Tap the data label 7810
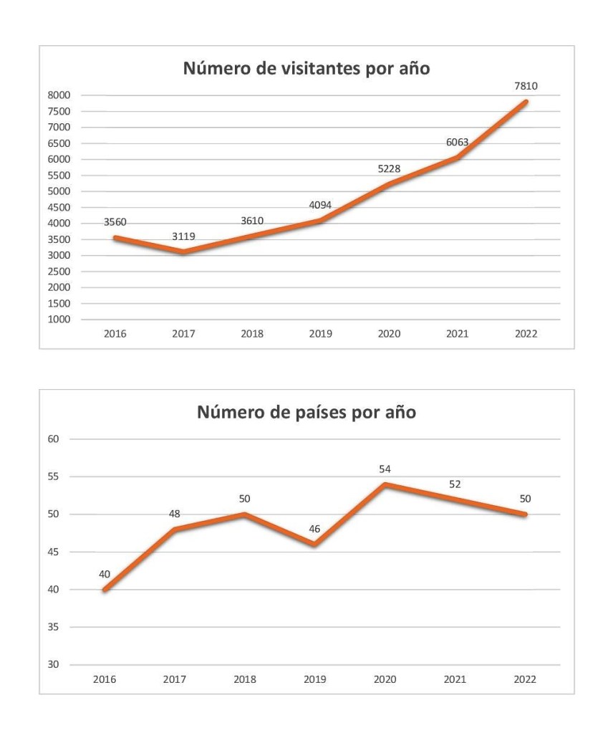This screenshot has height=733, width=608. (525, 86)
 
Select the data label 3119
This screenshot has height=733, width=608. (183, 235)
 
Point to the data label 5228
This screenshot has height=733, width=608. (389, 169)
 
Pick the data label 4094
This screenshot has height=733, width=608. (321, 206)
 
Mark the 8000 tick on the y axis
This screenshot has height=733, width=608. (59, 95)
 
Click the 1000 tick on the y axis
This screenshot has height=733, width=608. (59, 320)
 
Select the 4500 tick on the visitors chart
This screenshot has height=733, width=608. (59, 208)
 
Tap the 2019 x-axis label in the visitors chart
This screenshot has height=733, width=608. (321, 334)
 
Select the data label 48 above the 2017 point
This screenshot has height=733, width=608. (175, 513)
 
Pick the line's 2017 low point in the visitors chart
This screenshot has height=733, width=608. (185, 252)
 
